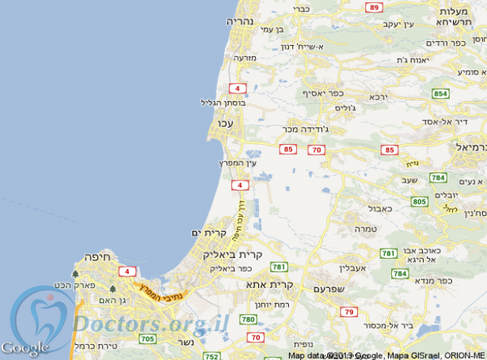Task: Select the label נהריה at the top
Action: tap(240, 21)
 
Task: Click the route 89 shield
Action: tap(374, 7)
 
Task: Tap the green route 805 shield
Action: tap(420, 202)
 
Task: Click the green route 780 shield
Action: tap(248, 320)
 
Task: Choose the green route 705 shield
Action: tap(147, 339)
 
